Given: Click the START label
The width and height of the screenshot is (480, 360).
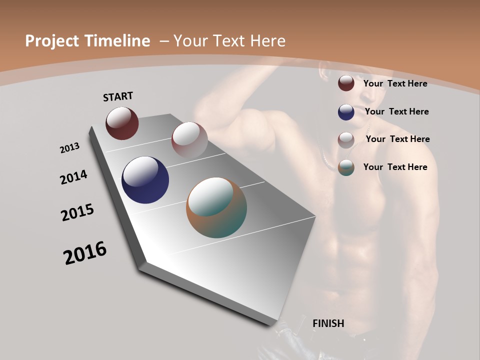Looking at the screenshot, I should [118, 96].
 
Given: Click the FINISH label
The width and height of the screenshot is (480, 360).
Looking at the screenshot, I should [328, 323].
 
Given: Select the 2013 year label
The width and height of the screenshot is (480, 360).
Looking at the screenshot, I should [70, 148].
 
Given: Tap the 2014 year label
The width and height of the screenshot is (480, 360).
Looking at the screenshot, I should [74, 177].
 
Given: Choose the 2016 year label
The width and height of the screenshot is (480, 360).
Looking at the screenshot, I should [85, 253].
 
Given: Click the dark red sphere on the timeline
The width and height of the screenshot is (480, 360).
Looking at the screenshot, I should [122, 123].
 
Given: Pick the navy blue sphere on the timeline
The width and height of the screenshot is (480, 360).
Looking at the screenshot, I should [145, 180].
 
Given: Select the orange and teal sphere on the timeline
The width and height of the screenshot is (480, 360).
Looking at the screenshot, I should [216, 207].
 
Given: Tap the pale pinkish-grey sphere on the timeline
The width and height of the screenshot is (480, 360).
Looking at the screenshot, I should [189, 139].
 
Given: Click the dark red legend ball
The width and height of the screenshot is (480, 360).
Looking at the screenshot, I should [346, 83].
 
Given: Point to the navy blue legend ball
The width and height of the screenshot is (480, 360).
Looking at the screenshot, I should [346, 112].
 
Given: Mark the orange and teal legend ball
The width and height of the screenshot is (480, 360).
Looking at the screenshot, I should [346, 167].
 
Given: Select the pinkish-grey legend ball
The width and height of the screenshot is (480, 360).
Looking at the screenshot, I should [346, 140].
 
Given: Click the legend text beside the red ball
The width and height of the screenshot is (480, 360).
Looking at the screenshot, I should [395, 83].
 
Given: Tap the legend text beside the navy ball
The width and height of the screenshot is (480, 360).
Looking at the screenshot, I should [396, 111].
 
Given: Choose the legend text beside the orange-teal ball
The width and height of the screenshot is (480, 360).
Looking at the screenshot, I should [395, 167].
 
